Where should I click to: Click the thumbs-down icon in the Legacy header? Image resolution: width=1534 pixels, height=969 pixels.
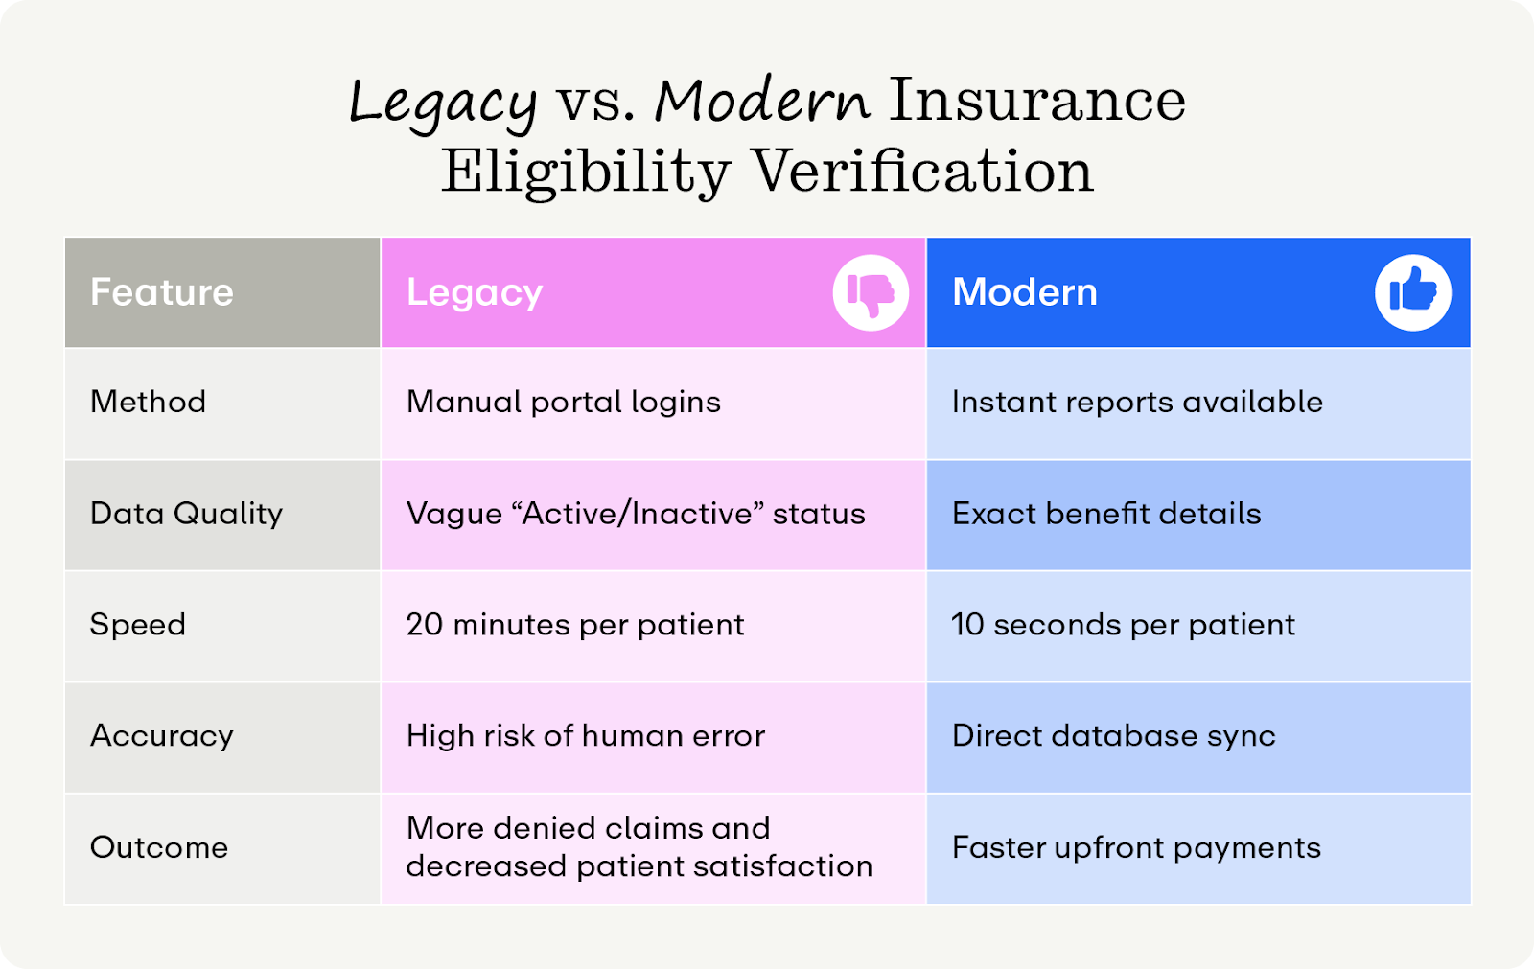pyautogui.click(x=871, y=292)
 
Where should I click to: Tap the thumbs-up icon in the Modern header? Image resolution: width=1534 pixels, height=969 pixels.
pyautogui.click(x=1412, y=292)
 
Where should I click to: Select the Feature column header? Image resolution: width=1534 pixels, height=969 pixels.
pyautogui.click(x=161, y=292)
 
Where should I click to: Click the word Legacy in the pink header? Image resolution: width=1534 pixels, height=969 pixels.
pyautogui.click(x=475, y=292)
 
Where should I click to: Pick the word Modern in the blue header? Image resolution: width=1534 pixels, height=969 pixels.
pyautogui.click(x=1024, y=292)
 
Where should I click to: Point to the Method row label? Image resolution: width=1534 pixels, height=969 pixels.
pyautogui.click(x=148, y=402)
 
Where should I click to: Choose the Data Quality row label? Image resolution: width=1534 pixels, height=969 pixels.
pyautogui.click(x=186, y=514)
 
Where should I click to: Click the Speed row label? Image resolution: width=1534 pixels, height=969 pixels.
pyautogui.click(x=137, y=625)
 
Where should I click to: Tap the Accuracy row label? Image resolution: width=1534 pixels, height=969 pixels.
pyautogui.click(x=161, y=736)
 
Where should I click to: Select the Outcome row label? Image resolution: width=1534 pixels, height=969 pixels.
pyautogui.click(x=159, y=847)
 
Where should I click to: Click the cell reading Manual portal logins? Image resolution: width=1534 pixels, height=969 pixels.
pyautogui.click(x=563, y=402)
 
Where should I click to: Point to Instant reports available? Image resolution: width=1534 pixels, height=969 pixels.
pyautogui.click(x=1136, y=402)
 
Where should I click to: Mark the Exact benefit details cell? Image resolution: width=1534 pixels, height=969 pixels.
pyautogui.click(x=1105, y=514)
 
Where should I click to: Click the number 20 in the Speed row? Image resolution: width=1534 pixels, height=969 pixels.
pyautogui.click(x=424, y=625)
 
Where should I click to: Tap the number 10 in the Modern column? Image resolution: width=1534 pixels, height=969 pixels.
pyautogui.click(x=967, y=625)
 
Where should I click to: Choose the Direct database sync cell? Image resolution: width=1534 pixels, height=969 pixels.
pyautogui.click(x=1113, y=736)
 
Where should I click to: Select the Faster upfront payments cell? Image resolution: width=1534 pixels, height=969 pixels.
pyautogui.click(x=1135, y=847)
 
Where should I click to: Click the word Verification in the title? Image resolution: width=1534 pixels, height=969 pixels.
pyautogui.click(x=921, y=173)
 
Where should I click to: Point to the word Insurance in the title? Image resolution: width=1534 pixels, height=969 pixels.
pyautogui.click(x=1036, y=101)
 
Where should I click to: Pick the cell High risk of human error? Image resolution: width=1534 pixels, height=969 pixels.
pyautogui.click(x=585, y=736)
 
